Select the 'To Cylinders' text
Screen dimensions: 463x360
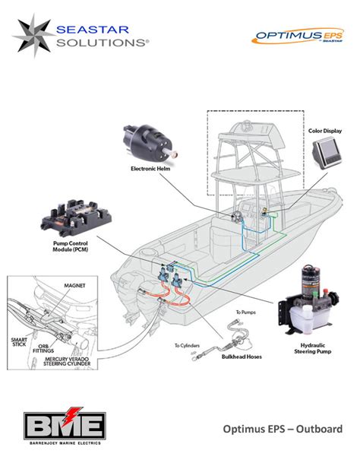(188, 345)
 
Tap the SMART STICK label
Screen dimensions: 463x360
(22, 339)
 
